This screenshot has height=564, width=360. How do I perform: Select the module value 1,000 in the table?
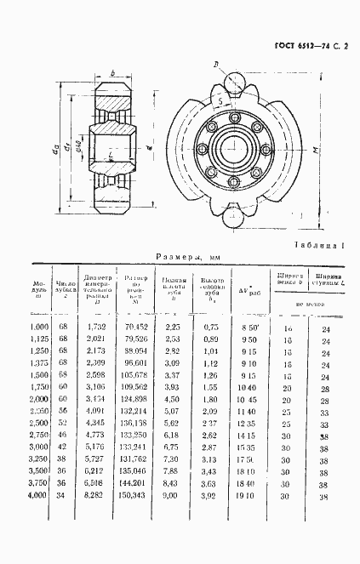click(39, 327)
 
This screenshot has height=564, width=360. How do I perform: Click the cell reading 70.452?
click(136, 327)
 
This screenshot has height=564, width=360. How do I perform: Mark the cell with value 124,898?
click(136, 399)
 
